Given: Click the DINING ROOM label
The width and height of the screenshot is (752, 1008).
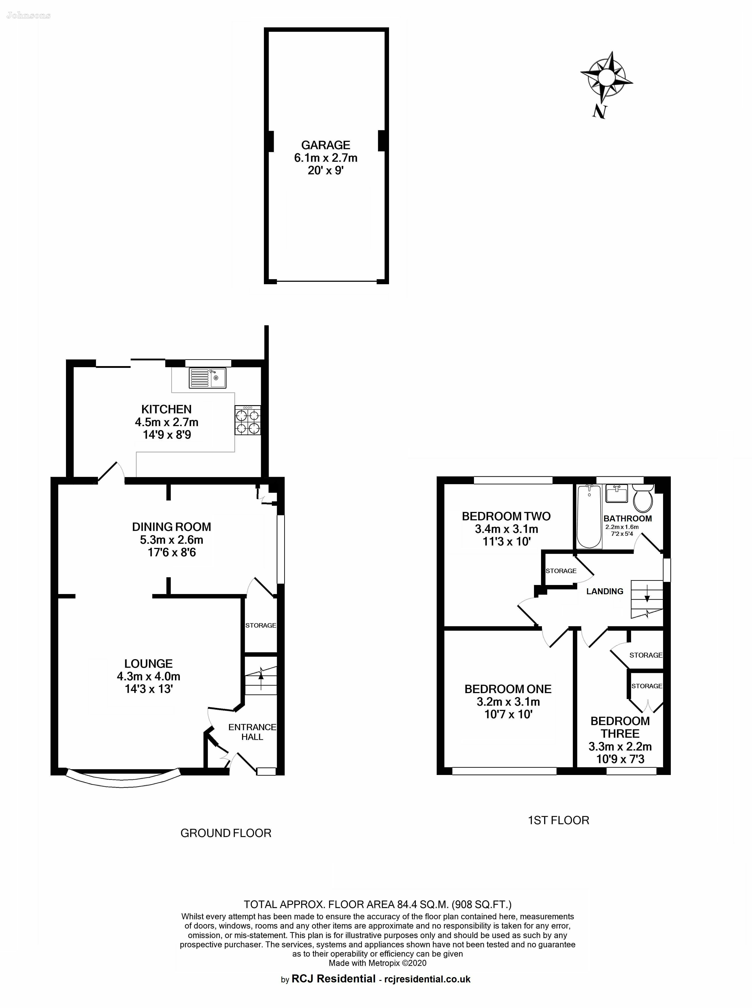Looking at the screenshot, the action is click(x=172, y=527).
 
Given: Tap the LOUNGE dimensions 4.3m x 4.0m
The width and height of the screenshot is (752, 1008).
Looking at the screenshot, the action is click(x=149, y=676).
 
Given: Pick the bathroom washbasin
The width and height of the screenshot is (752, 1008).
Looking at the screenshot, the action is click(x=617, y=493).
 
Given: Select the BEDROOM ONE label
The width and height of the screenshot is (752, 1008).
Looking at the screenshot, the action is click(x=508, y=689).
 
